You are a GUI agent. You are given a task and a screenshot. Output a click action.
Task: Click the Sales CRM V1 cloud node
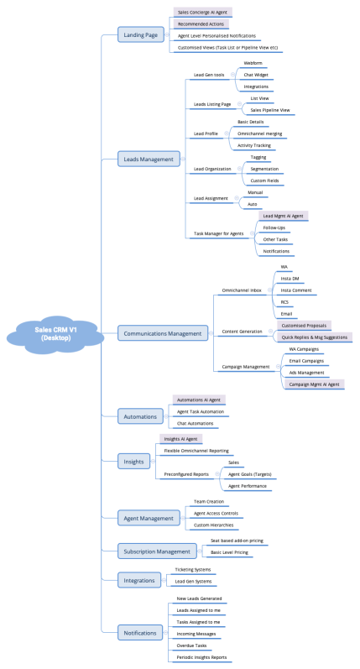point(55,333)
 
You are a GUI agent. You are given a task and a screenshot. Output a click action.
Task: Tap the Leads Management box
point(149,159)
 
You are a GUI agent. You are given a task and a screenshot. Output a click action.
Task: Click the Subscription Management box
point(154,551)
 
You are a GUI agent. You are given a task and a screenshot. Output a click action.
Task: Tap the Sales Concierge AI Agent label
point(202,13)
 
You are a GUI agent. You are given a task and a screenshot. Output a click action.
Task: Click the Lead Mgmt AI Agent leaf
point(283,216)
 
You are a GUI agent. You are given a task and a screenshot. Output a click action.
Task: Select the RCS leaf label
point(284,301)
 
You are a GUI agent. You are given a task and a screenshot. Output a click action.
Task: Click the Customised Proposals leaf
point(304,325)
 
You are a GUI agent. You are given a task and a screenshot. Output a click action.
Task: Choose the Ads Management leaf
point(306,372)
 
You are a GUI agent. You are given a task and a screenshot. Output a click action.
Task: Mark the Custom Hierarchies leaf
point(215,525)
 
